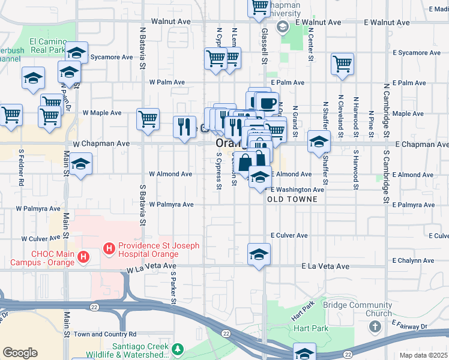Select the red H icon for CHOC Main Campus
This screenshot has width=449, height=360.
coord(84,258)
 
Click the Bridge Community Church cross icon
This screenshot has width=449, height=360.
coord(375,327)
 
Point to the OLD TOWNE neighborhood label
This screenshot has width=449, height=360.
coord(288,199)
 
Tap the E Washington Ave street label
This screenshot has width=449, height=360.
coord(297,190)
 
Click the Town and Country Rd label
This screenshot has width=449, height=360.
coord(105,334)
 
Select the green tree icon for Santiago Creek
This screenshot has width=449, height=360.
coord(177,349)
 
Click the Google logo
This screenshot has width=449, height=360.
coord(20,353)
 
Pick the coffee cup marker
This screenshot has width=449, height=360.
coord(267,103)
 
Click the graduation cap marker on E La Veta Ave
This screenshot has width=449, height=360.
coord(259,254)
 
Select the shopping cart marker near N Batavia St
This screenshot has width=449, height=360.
coord(148,119)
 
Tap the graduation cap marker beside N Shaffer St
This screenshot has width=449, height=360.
coord(319,142)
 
